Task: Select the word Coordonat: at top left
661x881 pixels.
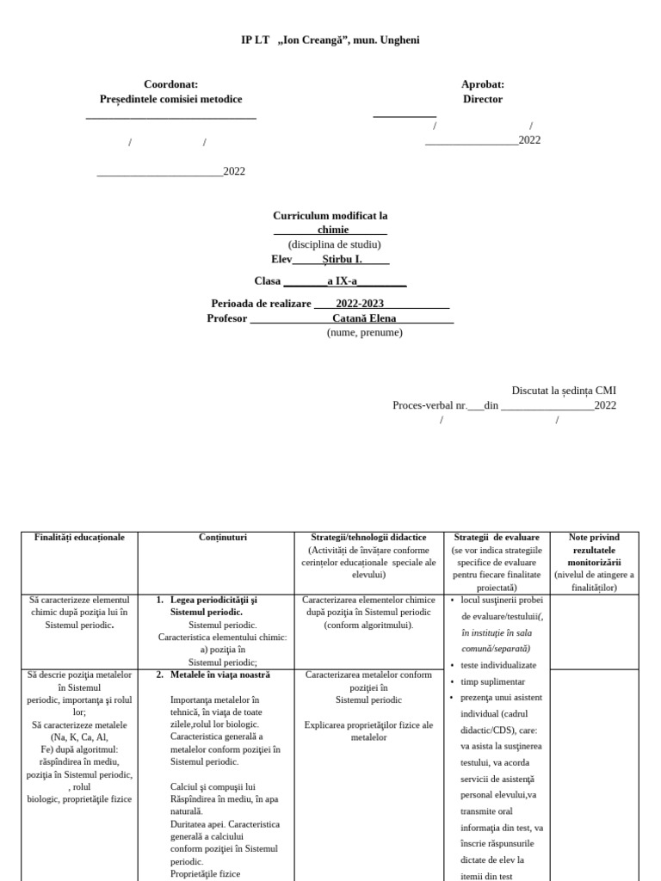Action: click(171, 84)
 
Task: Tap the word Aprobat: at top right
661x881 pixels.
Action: click(482, 84)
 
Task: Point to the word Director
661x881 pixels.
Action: click(482, 99)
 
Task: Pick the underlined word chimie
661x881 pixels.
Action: click(333, 230)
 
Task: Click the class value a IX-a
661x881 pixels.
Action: click(343, 280)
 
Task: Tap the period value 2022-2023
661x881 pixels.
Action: click(360, 304)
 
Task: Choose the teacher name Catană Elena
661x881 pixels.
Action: click(364, 318)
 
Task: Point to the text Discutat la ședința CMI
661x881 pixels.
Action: click(564, 391)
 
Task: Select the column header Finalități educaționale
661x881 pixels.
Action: click(79, 538)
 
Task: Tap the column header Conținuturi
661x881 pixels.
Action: click(223, 538)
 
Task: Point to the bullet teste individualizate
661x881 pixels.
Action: click(498, 665)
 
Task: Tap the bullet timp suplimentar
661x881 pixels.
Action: click(493, 681)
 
